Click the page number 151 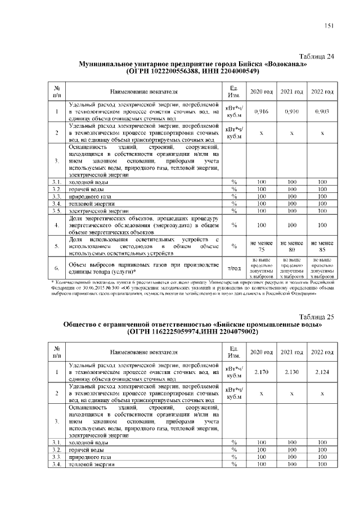329,26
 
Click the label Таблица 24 317,56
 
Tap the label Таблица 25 317,317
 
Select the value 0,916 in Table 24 261,112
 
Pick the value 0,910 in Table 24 291,112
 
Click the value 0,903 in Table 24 322,112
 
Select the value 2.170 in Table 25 261,372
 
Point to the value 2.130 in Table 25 291,372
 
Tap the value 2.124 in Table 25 322,372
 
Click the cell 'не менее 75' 261,246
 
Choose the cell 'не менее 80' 291,246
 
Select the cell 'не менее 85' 322,246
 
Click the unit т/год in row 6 233,268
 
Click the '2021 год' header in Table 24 291,91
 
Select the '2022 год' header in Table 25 322,351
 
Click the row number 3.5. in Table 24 57,211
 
